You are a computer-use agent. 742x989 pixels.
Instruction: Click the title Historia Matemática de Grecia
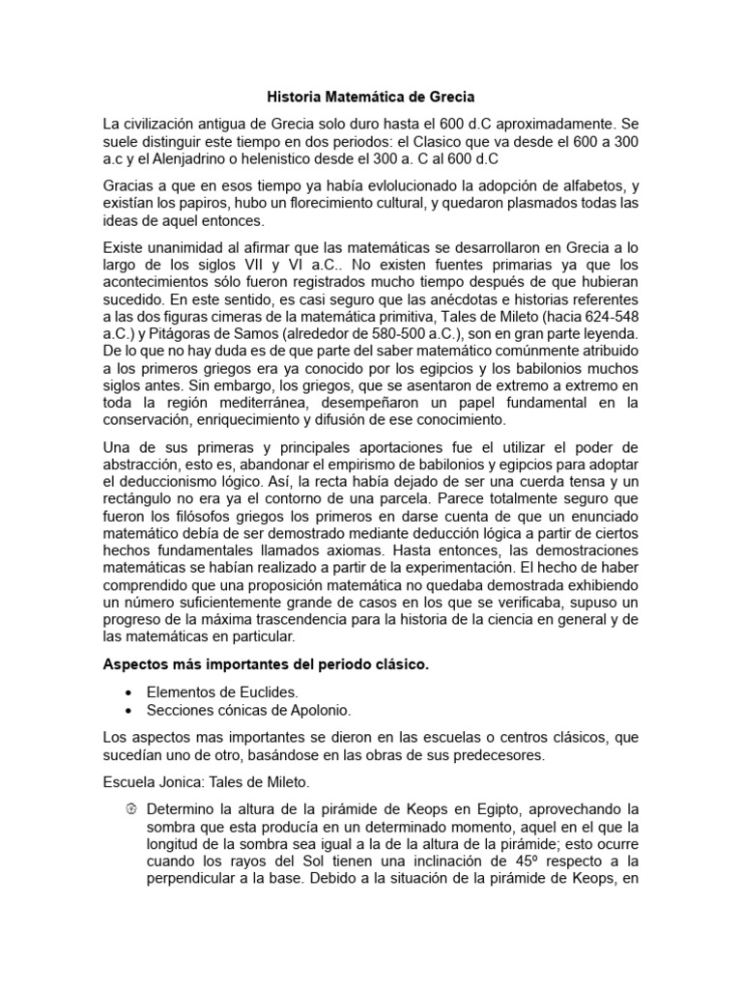(371, 97)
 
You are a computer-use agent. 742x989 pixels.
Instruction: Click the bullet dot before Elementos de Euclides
(129, 693)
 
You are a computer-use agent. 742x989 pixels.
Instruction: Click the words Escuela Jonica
(147, 781)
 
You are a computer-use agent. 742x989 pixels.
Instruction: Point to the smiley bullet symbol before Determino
(131, 807)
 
